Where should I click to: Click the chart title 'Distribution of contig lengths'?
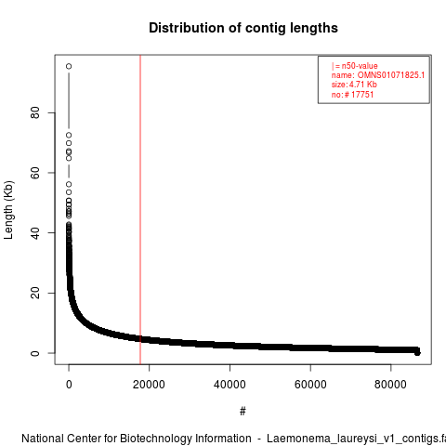pyautogui.click(x=243, y=28)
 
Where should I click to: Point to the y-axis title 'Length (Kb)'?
pyautogui.click(x=8, y=210)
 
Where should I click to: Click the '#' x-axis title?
pyautogui.click(x=243, y=412)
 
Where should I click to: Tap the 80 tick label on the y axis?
pyautogui.click(x=35, y=112)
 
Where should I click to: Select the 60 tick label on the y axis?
pyautogui.click(x=35, y=173)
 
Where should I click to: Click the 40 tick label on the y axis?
pyautogui.click(x=35, y=233)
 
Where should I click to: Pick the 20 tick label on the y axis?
pyautogui.click(x=35, y=293)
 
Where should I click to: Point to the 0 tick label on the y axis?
pyautogui.click(x=35, y=353)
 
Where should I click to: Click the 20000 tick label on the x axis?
pyautogui.click(x=149, y=385)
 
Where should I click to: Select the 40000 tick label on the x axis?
pyautogui.click(x=230, y=385)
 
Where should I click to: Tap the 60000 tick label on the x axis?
pyautogui.click(x=310, y=385)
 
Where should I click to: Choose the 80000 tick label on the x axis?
pyautogui.click(x=390, y=385)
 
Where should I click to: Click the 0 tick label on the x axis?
pyautogui.click(x=69, y=385)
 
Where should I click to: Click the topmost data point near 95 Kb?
pyautogui.click(x=69, y=66)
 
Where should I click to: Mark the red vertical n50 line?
pyautogui.click(x=140, y=210)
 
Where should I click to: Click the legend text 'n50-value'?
pyautogui.click(x=360, y=66)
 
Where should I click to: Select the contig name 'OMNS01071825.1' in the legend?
pyautogui.click(x=391, y=75)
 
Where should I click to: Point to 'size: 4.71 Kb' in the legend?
pyautogui.click(x=354, y=85)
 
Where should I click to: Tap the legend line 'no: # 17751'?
pyautogui.click(x=352, y=95)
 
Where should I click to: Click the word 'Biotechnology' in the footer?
pyautogui.click(x=185, y=439)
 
